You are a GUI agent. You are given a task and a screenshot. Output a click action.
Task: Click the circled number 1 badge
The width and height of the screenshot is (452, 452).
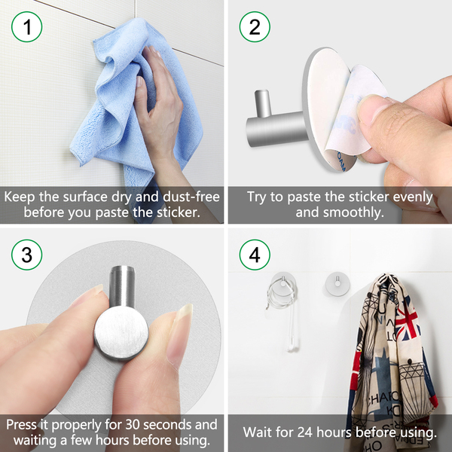27,27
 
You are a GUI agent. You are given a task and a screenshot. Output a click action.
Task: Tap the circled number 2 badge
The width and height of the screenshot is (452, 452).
255,27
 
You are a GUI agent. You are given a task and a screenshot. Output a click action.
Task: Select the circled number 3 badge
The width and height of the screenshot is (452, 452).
27,255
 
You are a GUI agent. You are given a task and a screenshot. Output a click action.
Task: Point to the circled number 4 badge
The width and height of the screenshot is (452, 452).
255,255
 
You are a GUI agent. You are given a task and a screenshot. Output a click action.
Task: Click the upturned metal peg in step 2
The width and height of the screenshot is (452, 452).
262,103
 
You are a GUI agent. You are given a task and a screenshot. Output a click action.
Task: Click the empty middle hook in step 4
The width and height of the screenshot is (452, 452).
337,284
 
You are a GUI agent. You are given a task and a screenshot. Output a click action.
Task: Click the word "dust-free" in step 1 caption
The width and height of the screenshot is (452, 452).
191,197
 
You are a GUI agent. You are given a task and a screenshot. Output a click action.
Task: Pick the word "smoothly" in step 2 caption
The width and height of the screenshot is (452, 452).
353,212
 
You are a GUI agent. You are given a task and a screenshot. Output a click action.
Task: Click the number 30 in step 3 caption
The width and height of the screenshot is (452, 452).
133,425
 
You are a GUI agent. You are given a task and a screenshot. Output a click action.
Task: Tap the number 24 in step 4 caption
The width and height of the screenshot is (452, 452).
305,432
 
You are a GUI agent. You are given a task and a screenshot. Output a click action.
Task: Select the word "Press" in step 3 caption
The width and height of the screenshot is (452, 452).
21,425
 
